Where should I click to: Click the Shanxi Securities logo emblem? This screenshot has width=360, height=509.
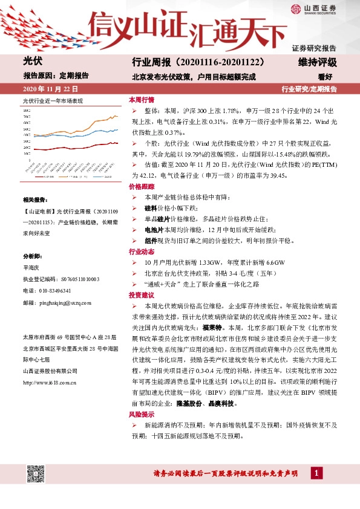click(296, 8)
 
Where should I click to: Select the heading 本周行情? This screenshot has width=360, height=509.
click(141, 99)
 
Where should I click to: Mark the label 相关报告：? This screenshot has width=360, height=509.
click(34, 199)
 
